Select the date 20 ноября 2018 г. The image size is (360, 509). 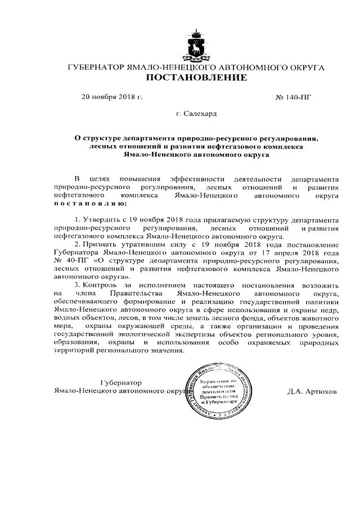click(x=112, y=97)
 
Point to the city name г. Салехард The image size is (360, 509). click(x=196, y=114)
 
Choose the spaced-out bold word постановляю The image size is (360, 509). click(x=85, y=202)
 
